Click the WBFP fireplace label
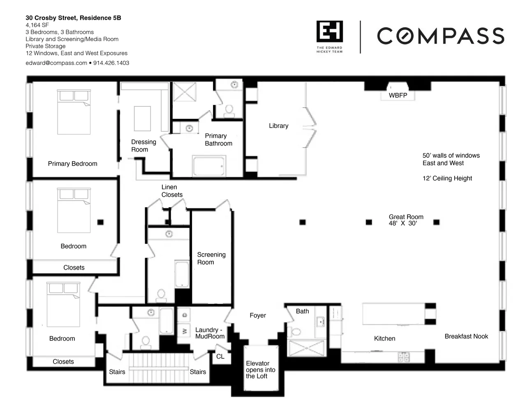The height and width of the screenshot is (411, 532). coord(398,95)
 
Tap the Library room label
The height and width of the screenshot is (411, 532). coord(279,126)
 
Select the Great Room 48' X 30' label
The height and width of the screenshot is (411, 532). coord(406,220)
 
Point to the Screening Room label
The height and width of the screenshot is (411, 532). coord(211,259)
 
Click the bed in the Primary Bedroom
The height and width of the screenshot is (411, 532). coord(74,112)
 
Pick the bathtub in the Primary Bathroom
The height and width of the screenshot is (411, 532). coord(208,166)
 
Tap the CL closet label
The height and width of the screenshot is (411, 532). coord(220,356)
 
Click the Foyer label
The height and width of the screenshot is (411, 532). coord(257,315)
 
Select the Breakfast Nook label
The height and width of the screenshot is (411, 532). coord(466,336)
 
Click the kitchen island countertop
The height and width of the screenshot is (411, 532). coord(394,314)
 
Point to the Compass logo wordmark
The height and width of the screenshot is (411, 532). coord(440,36)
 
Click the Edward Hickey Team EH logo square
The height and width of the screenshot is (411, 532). coord(330,31)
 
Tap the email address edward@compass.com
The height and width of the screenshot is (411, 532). coord(56,63)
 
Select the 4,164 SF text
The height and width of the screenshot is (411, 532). coord(37,25)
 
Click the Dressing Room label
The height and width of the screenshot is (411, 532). coord(143,145)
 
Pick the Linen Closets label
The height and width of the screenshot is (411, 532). coord(172,191)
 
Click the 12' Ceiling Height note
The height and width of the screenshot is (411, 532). coord(447,178)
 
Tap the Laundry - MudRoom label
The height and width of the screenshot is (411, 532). coord(210,333)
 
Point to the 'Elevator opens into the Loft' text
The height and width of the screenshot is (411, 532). coord(261,369)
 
